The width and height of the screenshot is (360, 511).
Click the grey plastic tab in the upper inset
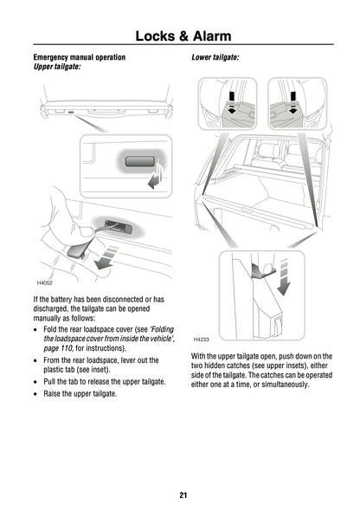[138, 162]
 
